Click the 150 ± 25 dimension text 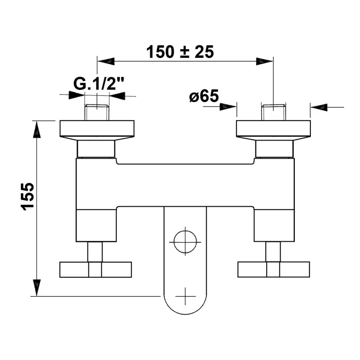pos(180,52)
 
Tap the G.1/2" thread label pos(99,84)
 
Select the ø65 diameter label pos(204,96)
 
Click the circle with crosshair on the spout pos(185,242)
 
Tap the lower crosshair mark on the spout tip pos(185,296)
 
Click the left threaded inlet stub pos(97,112)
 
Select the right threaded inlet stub pos(273,112)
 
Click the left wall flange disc pos(97,129)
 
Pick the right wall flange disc pos(273,129)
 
